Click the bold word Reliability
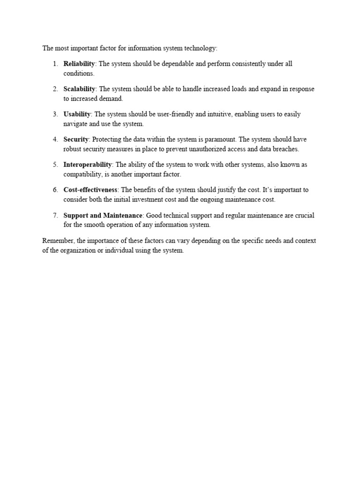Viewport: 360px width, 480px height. coord(79,64)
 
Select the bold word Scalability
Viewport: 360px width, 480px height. coord(79,89)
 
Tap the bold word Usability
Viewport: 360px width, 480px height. coord(77,114)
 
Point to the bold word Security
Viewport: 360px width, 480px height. coord(76,140)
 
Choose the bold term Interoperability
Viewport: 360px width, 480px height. coord(88,165)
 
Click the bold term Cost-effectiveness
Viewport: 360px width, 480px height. coord(90,190)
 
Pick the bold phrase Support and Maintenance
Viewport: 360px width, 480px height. coord(103,216)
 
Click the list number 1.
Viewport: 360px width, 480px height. coord(54,64)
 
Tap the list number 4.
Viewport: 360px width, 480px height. coord(54,140)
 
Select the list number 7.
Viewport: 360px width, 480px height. coord(54,216)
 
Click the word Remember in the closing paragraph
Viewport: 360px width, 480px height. coord(57,241)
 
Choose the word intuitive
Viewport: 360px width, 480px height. coord(212,114)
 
